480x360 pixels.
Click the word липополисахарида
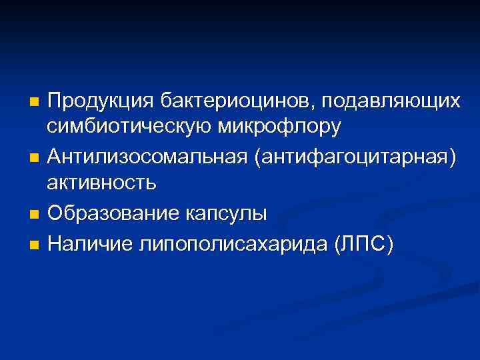pyautogui.click(x=231, y=243)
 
